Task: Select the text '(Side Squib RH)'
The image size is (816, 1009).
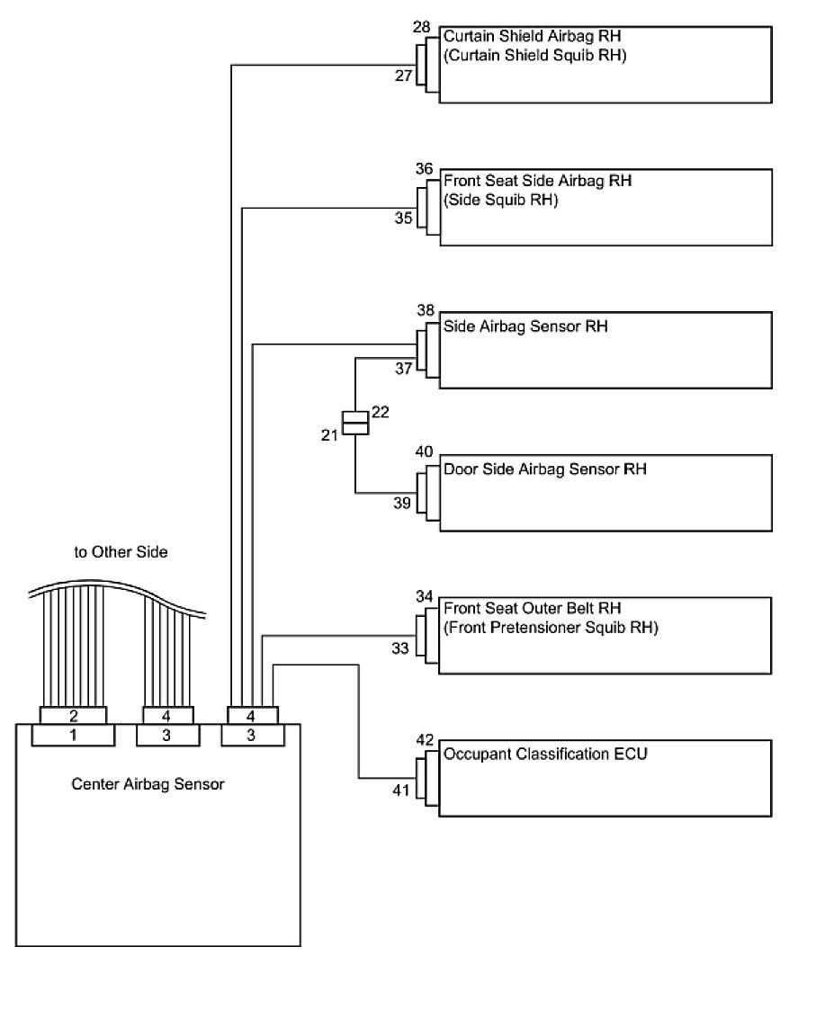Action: pos(501,200)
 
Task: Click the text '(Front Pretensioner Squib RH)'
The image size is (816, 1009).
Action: pos(551,628)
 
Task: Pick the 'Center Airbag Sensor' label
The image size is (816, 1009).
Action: pos(148,784)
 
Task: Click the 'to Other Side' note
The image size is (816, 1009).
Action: pos(121,552)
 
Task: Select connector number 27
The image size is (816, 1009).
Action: pos(403,76)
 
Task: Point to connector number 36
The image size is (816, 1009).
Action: pos(425,169)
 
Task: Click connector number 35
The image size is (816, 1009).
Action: pos(403,218)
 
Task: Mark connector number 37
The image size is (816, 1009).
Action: pos(403,368)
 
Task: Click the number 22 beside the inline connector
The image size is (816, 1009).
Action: pos(380,412)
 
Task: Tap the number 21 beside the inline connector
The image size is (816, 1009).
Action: pos(328,434)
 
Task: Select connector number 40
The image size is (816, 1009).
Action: pos(424,451)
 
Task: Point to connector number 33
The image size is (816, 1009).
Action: pos(400,647)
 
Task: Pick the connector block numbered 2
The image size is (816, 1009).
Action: pos(73,716)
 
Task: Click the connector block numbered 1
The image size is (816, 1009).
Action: pos(73,736)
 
